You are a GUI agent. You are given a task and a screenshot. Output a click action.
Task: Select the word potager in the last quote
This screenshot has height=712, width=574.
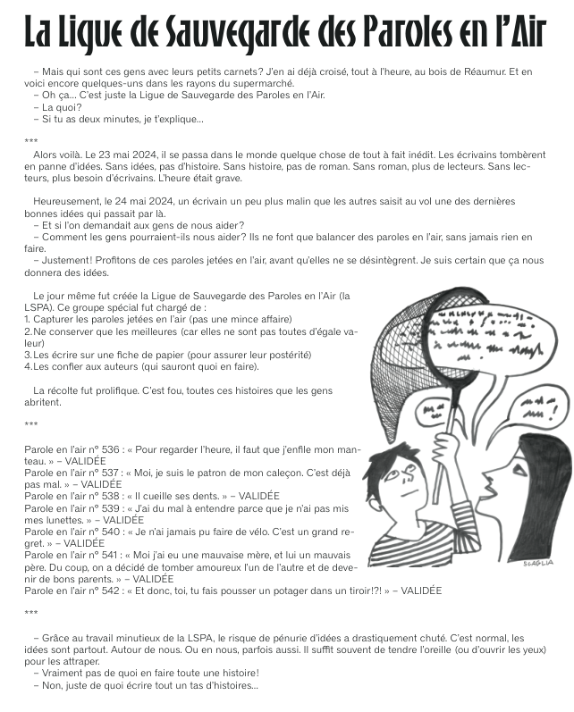coord(280,590)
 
